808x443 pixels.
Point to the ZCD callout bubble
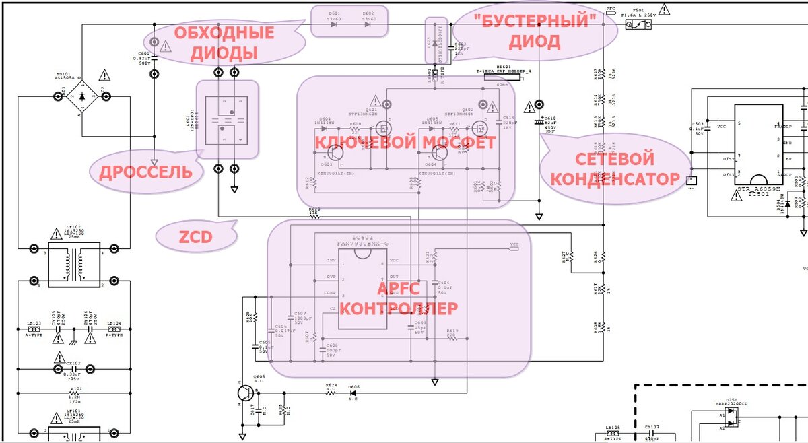pos(195,236)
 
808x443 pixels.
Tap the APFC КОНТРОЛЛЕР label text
pos(399,298)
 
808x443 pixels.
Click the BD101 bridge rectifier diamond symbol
pos(81,98)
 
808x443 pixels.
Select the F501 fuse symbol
pos(638,25)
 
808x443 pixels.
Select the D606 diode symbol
pos(354,393)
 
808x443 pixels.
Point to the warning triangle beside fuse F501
pos(665,9)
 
